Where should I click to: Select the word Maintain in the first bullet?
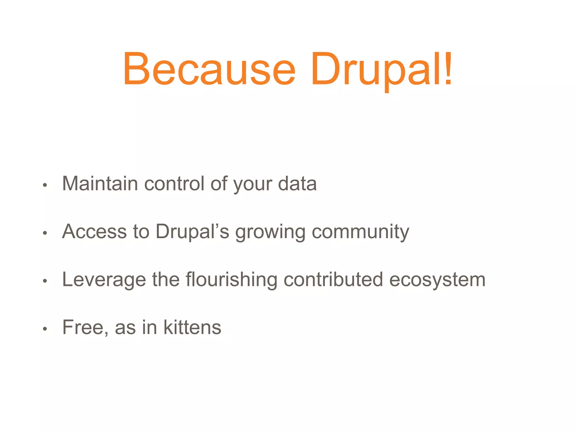click(100, 184)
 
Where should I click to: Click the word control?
click(174, 184)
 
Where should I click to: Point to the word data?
click(297, 184)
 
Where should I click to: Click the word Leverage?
click(104, 280)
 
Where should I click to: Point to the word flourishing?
click(231, 280)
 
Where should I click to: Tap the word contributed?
click(333, 280)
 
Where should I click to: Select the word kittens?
click(192, 327)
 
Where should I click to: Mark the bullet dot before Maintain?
click(45, 185)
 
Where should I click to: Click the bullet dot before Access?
click(45, 233)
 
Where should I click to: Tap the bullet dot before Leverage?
click(45, 281)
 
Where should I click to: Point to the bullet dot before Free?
click(45, 329)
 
